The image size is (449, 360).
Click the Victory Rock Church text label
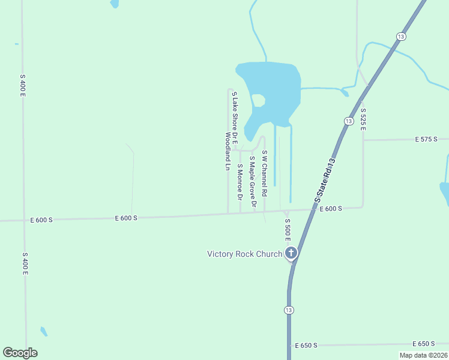(244, 254)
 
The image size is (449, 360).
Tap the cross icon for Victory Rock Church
(291, 253)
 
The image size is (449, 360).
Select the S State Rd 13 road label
(324, 180)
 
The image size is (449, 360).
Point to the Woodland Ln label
(228, 152)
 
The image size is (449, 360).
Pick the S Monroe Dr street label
(240, 181)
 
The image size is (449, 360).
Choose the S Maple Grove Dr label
(253, 182)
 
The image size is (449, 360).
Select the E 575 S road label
(427, 139)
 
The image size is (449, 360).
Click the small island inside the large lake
(259, 100)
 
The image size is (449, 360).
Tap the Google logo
(20, 353)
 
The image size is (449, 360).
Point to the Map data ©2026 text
(424, 355)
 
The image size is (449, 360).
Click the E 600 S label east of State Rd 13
(331, 209)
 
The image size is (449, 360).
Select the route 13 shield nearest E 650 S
(289, 310)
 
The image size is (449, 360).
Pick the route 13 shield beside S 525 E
(349, 121)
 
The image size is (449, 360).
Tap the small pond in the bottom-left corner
(43, 331)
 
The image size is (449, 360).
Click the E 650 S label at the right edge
(424, 344)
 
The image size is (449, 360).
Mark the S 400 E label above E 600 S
(22, 86)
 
